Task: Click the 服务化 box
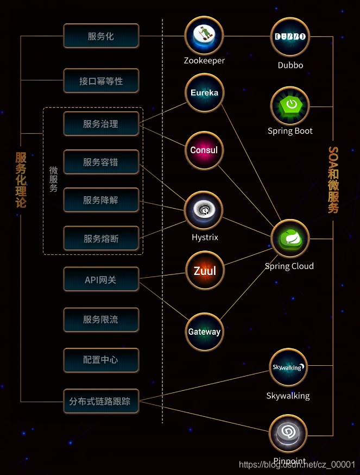pos(101,36)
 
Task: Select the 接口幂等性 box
pos(101,81)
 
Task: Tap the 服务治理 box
pos(101,124)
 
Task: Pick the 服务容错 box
pos(101,162)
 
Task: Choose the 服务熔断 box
pos(101,239)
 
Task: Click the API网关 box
pos(101,280)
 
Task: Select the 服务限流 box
pos(101,320)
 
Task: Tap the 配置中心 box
pos(101,360)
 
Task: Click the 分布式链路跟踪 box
pos(101,402)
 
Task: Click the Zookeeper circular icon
pos(204,36)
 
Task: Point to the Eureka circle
pos(204,93)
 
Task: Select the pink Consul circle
pos(204,150)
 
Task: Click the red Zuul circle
pos(204,270)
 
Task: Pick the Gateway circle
pos(204,331)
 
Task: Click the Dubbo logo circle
pos(290,37)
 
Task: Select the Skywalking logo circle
pos(288,368)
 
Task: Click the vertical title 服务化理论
pos(21,179)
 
